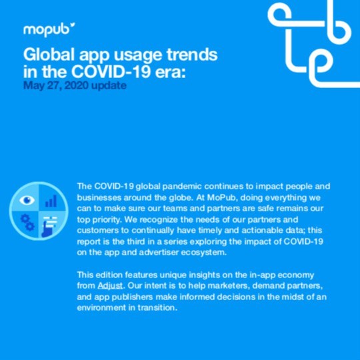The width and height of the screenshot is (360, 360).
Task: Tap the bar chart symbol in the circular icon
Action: (x=51, y=200)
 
